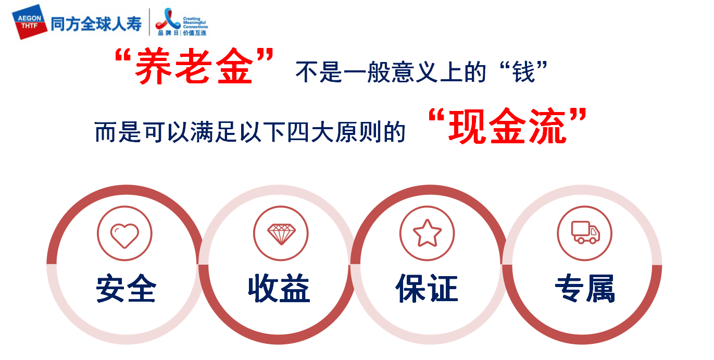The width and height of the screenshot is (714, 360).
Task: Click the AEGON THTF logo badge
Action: pyautogui.click(x=30, y=22)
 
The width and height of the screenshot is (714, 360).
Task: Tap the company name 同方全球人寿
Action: pyautogui.click(x=96, y=24)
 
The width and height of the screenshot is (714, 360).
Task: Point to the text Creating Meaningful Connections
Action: pyautogui.click(x=195, y=22)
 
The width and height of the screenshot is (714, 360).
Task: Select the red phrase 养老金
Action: pyautogui.click(x=194, y=66)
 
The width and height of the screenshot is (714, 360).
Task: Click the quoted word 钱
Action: pyautogui.click(x=523, y=72)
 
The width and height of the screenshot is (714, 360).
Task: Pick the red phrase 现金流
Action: pyautogui.click(x=507, y=126)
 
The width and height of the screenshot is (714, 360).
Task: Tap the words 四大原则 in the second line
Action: pyautogui.click(x=335, y=132)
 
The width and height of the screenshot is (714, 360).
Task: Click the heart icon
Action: pyautogui.click(x=124, y=235)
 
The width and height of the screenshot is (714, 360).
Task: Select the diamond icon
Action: pyautogui.click(x=281, y=234)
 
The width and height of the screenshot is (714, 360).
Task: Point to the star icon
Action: pyautogui.click(x=427, y=233)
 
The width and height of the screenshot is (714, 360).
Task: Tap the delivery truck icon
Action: pyautogui.click(x=585, y=232)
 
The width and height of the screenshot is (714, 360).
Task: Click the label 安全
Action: pyautogui.click(x=126, y=288)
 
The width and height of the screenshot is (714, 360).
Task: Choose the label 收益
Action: pyautogui.click(x=279, y=288)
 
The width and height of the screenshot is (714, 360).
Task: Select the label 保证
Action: pyautogui.click(x=427, y=288)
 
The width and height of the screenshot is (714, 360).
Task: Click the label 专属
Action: pyautogui.click(x=585, y=288)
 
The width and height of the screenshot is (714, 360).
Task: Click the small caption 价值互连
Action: pyautogui.click(x=194, y=33)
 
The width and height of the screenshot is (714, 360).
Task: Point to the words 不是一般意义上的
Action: pyautogui.click(x=391, y=72)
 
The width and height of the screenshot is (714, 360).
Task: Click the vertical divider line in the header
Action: pyautogui.click(x=149, y=22)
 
